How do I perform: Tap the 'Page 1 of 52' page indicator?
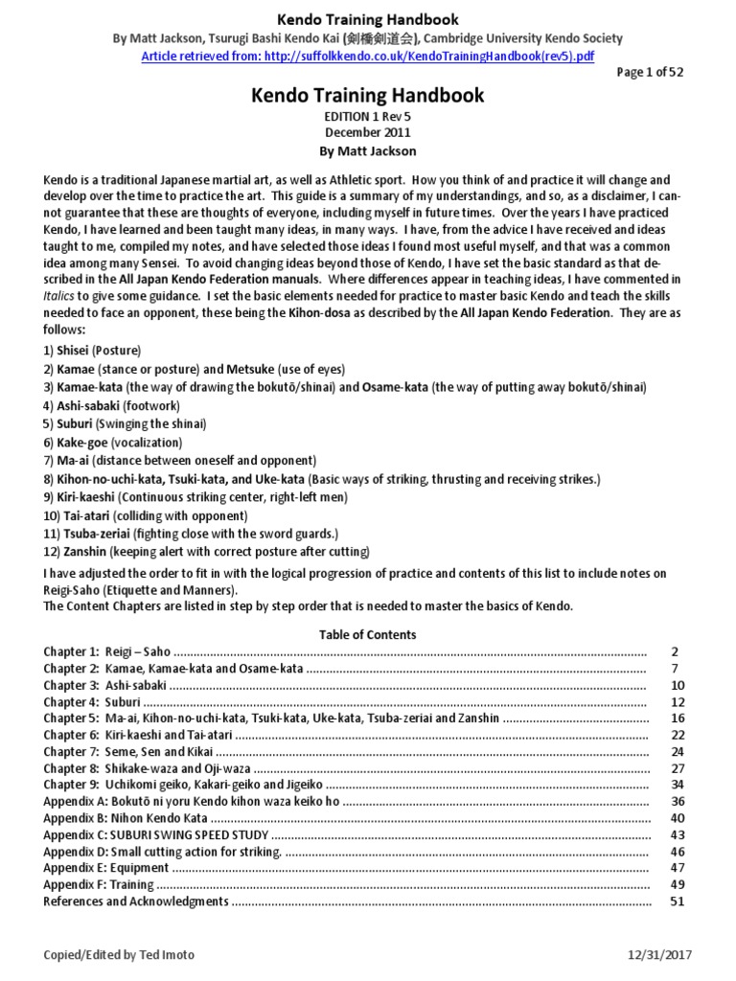(656, 73)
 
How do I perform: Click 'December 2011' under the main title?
(367, 131)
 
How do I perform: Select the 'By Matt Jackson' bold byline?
(367, 150)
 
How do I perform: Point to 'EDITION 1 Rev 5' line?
(367, 115)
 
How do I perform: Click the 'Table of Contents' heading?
(367, 634)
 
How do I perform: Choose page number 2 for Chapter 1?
(676, 651)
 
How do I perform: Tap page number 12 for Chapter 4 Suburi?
(677, 702)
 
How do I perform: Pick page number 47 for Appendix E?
(677, 868)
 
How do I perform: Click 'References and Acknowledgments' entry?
(136, 901)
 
